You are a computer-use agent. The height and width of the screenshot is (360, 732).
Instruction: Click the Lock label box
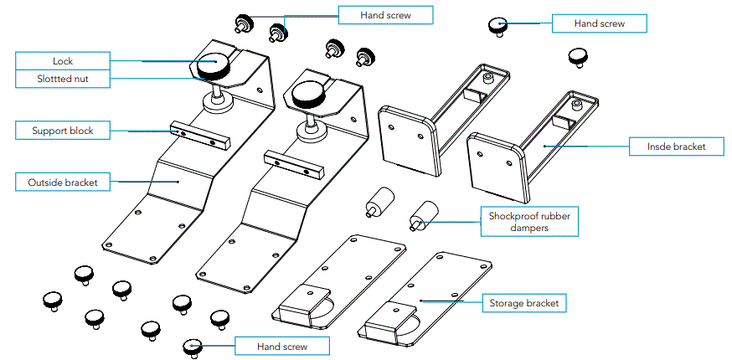click(63, 61)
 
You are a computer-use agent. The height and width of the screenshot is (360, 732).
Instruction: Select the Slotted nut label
click(63, 79)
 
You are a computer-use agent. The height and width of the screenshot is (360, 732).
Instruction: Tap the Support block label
click(63, 131)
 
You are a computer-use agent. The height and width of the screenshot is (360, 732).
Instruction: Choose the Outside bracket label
click(63, 182)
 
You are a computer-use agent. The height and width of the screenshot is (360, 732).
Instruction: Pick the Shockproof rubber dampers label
click(523, 222)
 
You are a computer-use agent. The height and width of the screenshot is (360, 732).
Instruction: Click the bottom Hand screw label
click(281, 346)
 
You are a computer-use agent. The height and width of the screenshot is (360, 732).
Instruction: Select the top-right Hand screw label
click(599, 24)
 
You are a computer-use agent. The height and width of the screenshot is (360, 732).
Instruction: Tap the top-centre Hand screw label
click(385, 15)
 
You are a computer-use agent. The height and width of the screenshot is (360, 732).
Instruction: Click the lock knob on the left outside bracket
click(214, 64)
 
